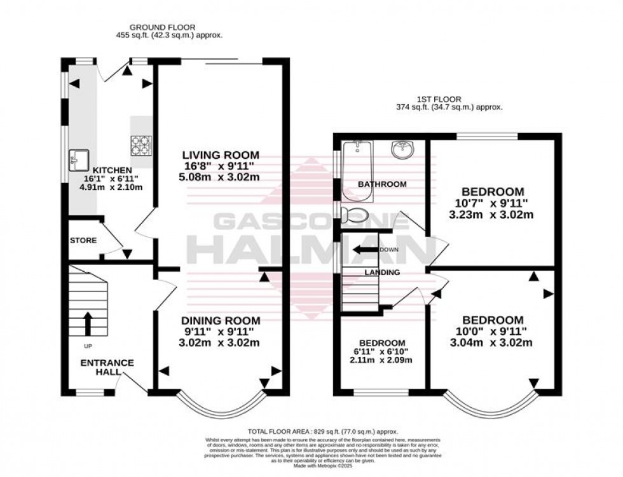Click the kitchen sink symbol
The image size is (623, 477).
81,155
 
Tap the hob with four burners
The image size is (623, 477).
140,146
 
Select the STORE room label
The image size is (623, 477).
83,241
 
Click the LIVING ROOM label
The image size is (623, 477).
221,155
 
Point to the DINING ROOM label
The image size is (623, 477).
221,320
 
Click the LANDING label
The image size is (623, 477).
382,272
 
